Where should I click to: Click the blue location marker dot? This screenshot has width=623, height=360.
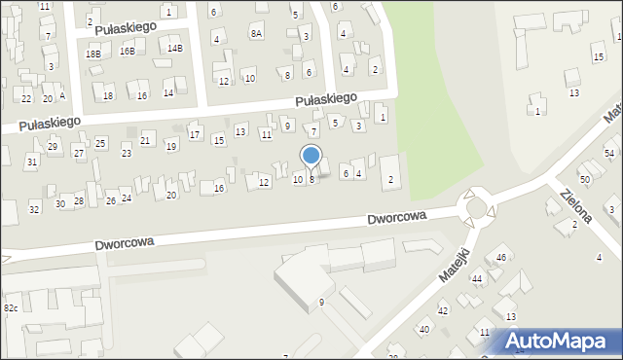point(311,155)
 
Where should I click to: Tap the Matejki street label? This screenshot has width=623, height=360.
point(454,264)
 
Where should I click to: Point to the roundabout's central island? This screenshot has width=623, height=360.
point(478,205)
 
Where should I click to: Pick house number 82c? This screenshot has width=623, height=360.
point(10,307)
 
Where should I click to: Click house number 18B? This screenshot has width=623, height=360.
point(92,54)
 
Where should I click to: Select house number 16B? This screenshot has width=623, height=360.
point(128,51)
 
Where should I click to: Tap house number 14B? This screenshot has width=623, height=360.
point(174,48)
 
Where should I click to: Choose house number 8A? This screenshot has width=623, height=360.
point(256,33)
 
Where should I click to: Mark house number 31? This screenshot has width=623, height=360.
point(32,162)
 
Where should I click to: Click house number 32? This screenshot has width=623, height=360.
point(34,209)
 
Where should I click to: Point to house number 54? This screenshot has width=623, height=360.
point(609,154)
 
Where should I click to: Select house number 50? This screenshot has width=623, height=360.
point(585,180)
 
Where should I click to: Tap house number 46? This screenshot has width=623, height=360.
point(501,257)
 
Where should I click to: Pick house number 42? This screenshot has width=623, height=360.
point(442,310)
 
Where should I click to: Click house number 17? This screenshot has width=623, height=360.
point(195,134)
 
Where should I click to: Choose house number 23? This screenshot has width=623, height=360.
point(126,154)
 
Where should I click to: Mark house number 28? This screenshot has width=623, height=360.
point(79,200)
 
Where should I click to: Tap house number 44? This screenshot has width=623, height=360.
point(477,278)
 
